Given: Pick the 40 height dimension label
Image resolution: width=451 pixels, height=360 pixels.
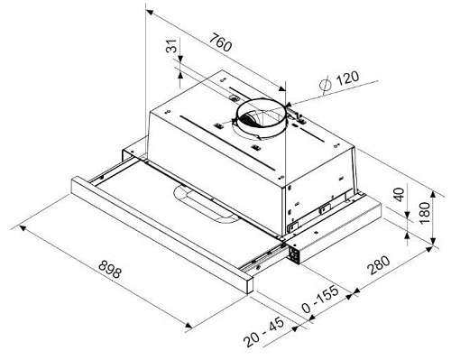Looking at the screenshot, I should point(400,198).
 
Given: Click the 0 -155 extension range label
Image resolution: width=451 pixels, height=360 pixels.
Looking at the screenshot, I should point(319,307).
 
